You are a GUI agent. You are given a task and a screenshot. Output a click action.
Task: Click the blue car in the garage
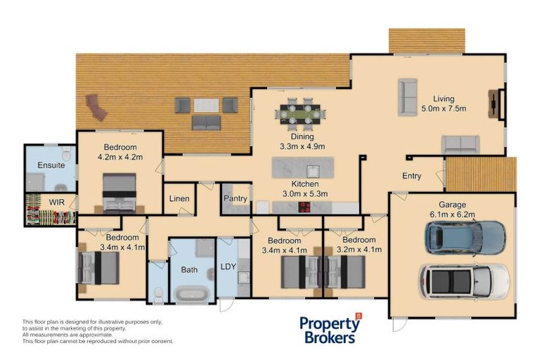(465, 238)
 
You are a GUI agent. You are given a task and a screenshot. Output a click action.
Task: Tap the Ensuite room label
(51, 165)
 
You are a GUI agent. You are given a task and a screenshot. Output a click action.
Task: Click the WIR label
(56, 202)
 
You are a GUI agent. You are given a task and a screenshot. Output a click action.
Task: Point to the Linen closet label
(179, 199)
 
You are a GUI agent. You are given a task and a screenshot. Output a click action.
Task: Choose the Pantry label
(235, 199)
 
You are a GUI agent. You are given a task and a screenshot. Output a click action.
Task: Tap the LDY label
(228, 266)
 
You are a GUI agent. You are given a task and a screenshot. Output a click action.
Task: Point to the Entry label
(411, 176)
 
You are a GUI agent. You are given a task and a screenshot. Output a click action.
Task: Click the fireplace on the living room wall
(500, 105)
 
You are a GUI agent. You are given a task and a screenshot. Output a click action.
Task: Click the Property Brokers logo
(329, 328)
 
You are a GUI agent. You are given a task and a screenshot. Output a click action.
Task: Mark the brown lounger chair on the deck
(96, 108)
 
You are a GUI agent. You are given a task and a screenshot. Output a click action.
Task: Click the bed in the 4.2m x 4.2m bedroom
(120, 193)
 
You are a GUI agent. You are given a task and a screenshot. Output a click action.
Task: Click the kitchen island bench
(303, 169)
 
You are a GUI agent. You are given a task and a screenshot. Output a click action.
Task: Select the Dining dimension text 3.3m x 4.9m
(302, 146)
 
